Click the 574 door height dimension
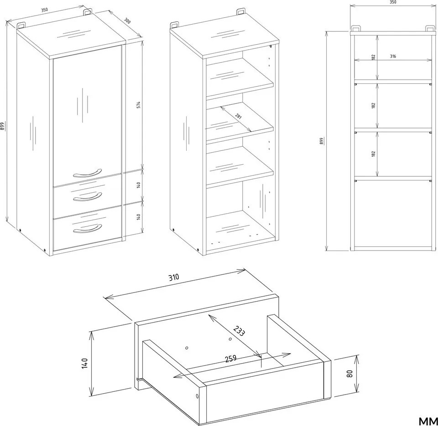pyautogui.click(x=139, y=105)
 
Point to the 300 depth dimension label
pyautogui.click(x=127, y=21)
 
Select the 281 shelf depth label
pyautogui.click(x=238, y=116)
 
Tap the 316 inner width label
pyautogui.click(x=393, y=56)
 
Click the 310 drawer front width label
pyautogui.click(x=173, y=277)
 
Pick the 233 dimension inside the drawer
pyautogui.click(x=240, y=331)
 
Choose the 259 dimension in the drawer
pyautogui.click(x=231, y=359)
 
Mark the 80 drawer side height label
pyautogui.click(x=349, y=374)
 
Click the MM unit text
pyautogui.click(x=428, y=421)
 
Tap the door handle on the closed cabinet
pyautogui.click(x=87, y=174)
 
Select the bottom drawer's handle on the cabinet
pyautogui.click(x=88, y=229)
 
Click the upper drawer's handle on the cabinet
pyautogui.click(x=88, y=197)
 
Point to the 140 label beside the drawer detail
pyautogui.click(x=85, y=363)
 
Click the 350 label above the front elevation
pyautogui.click(x=393, y=2)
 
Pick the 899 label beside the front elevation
pyautogui.click(x=322, y=141)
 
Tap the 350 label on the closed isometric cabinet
pyautogui.click(x=44, y=10)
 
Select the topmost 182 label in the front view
pyautogui.click(x=373, y=57)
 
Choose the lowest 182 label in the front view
pyautogui.click(x=373, y=154)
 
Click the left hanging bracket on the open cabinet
pyautogui.click(x=174, y=25)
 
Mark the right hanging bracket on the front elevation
pyautogui.click(x=430, y=28)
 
